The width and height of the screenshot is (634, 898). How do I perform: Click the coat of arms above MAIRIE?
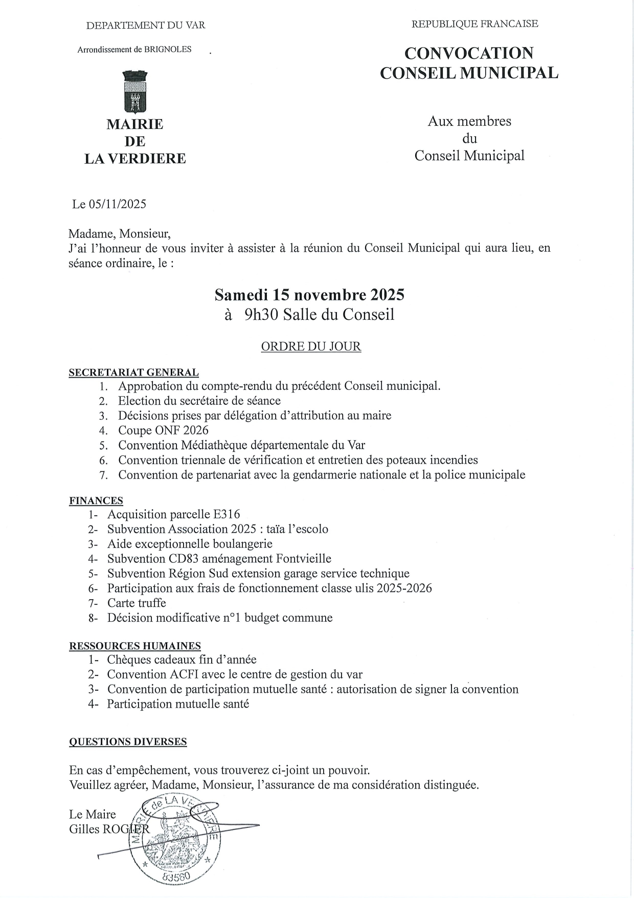point(135,92)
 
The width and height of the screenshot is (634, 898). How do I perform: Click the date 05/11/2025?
point(117,204)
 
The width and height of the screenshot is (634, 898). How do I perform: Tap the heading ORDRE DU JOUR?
point(311,346)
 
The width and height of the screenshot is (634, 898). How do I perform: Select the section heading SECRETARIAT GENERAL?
point(133,373)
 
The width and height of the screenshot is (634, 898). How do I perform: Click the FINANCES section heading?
point(96,500)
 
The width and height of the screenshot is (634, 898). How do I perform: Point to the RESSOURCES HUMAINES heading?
point(135,646)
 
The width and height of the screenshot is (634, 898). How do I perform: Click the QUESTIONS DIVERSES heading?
point(128,741)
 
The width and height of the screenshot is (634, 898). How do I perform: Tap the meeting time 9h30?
point(261,314)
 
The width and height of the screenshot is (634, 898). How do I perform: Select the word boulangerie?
point(242,544)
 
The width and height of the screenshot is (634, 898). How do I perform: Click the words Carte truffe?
point(137,603)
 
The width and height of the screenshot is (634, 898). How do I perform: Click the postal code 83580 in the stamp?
point(176,877)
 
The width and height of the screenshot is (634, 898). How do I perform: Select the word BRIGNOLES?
point(168,50)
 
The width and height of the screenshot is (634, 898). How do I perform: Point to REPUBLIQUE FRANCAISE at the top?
point(474,24)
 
